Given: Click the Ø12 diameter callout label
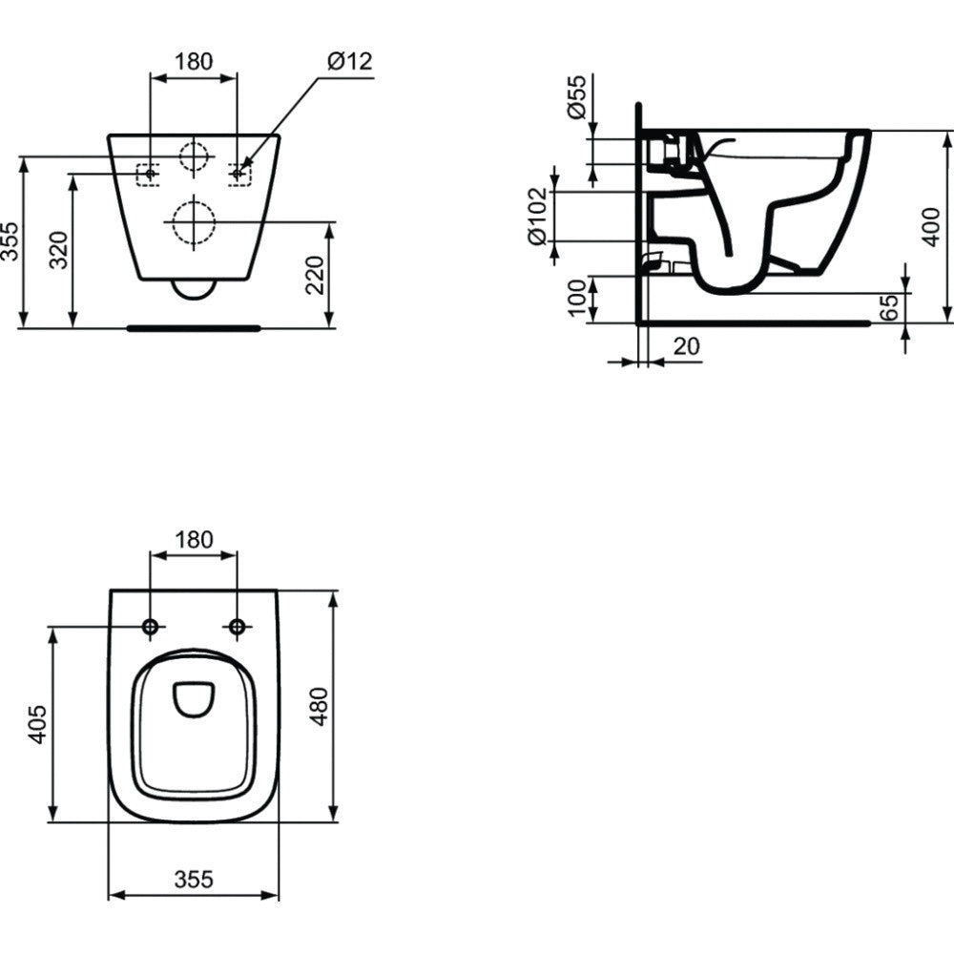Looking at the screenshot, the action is click(349, 61).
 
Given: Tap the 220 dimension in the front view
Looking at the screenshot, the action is click(315, 275).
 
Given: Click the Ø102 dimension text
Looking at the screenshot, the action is click(538, 217).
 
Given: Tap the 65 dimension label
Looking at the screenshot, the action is click(889, 307).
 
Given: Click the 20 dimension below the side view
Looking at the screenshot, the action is click(687, 346).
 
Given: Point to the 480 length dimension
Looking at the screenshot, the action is click(320, 706).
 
